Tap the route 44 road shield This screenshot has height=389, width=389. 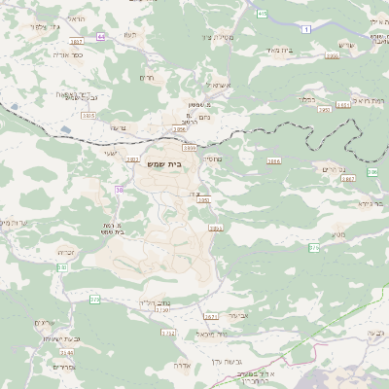(101, 36)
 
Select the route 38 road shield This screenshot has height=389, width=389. (120, 190)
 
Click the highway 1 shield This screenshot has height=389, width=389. (306, 31)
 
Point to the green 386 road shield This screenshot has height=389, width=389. (371, 171)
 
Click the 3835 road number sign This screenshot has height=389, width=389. (88, 116)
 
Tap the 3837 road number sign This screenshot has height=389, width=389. (77, 43)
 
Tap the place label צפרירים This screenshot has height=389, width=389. (48, 322)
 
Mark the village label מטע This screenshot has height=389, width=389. (337, 234)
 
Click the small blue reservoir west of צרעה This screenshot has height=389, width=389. (65, 128)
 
